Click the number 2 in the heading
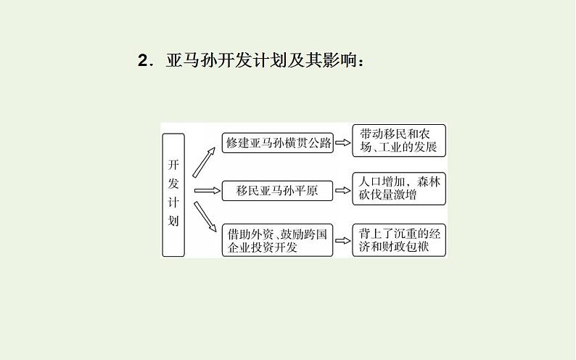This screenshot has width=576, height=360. (142, 60)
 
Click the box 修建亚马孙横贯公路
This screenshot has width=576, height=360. (279, 143)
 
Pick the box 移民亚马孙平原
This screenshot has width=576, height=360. (279, 192)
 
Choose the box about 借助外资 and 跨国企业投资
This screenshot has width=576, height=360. (279, 240)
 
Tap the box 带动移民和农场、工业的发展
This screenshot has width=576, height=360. (398, 141)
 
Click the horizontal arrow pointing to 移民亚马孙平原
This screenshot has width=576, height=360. (207, 192)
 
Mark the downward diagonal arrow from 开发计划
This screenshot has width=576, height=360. (204, 220)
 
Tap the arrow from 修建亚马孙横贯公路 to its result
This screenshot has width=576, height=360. (342, 143)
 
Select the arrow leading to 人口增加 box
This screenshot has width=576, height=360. (342, 192)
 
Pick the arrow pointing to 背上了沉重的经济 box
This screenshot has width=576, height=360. (342, 240)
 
